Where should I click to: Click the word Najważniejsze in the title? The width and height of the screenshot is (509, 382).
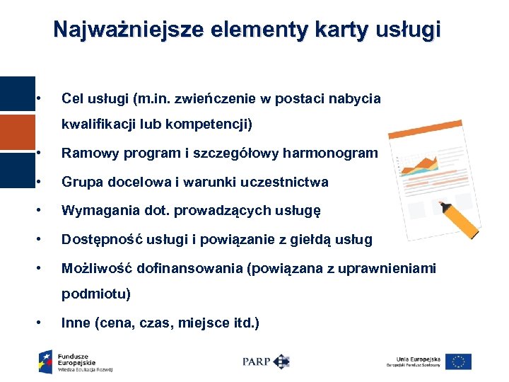122,30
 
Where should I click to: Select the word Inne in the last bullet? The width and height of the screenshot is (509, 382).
75,323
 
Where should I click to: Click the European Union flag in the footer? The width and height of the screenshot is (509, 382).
459,361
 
